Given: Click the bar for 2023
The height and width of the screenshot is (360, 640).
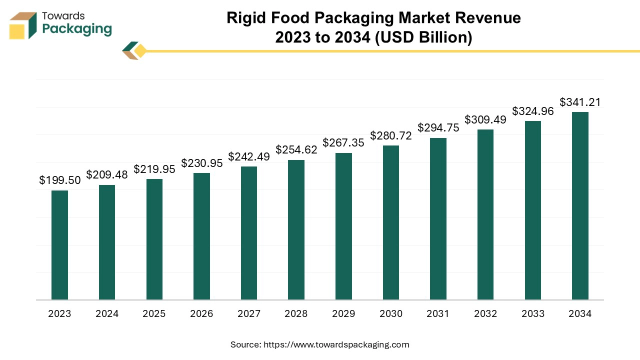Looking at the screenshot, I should [59, 245].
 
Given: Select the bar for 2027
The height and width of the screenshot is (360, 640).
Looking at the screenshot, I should [249, 233].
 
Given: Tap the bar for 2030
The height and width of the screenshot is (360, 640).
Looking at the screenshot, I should [391, 222].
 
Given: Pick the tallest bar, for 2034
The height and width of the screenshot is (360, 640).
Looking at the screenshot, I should [580, 206].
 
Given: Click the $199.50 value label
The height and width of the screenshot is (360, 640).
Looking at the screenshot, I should [60, 180].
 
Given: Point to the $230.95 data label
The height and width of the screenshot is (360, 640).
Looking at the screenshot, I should [201, 163].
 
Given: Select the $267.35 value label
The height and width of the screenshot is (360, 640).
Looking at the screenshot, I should [343, 143].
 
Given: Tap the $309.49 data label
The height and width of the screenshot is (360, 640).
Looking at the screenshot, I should [485, 120].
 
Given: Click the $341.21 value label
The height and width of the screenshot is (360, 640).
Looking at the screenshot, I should [580, 102].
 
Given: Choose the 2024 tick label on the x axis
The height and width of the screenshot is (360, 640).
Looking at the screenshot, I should [107, 314].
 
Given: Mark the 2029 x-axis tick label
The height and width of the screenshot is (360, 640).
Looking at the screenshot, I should [343, 314].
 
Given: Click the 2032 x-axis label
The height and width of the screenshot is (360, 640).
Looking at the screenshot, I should [485, 314].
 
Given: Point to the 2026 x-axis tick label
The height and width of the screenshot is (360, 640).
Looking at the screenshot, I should [201, 314].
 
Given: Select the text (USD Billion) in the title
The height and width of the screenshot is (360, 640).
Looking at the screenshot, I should [423, 37].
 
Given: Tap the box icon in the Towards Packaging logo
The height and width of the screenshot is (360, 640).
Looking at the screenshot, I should [23, 25].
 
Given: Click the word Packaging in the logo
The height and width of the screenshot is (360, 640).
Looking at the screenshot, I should [77, 29].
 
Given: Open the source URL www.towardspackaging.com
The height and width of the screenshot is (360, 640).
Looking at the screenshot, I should [336, 344].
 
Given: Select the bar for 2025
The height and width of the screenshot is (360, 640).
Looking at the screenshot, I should [154, 239].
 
